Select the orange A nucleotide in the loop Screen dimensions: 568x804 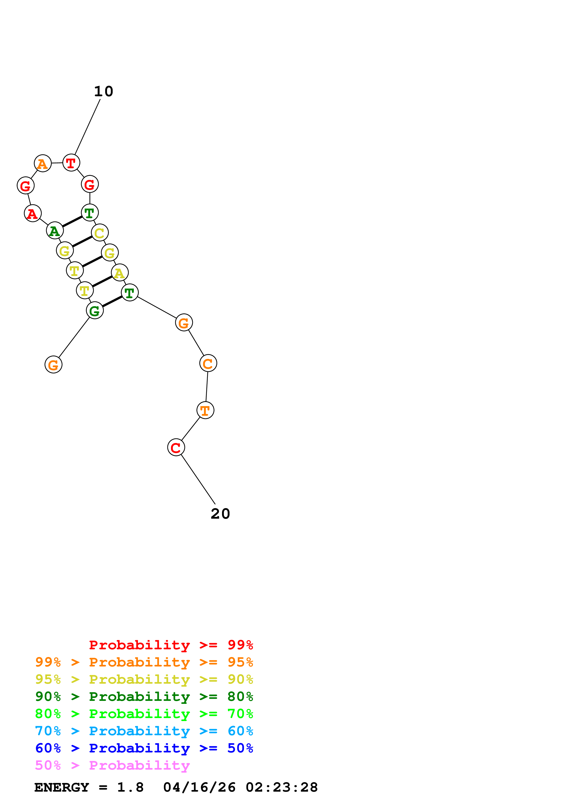43,164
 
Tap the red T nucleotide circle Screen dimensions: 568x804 71,163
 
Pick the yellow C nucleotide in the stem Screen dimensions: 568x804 100,233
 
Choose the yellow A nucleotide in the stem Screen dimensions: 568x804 120,273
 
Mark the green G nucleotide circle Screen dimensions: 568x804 95,310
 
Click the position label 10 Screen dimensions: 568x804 104,91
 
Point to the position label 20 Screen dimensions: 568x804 220,514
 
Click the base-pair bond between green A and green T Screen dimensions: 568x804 72,222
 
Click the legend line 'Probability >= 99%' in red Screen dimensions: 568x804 171,645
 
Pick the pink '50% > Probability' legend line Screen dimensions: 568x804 112,765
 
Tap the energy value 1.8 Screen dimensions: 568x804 130,787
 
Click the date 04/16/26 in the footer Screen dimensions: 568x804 199,787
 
